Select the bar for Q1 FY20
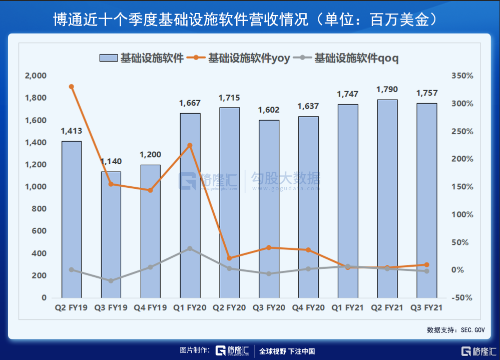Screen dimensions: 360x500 click(190, 205)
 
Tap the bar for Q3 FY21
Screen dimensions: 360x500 click(426, 200)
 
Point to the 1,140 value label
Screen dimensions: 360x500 click(111, 161)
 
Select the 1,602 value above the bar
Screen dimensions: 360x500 click(268, 110)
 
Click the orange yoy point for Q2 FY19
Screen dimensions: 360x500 click(72, 87)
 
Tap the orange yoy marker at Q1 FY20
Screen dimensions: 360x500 click(190, 145)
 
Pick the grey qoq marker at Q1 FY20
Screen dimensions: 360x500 click(190, 248)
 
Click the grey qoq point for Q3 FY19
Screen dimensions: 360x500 click(111, 281)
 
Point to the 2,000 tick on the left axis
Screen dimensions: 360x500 click(36, 76)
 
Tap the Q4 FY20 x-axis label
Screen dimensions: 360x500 click(308, 308)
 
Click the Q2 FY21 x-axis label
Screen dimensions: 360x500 click(387, 308)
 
